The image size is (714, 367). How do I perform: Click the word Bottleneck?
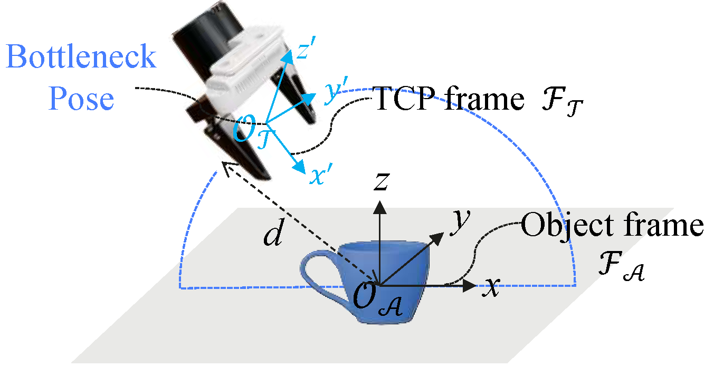tap(81, 56)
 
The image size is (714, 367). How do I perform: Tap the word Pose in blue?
tap(81, 99)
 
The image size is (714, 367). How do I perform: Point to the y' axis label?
tap(335, 90)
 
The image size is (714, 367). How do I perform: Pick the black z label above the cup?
tap(382, 181)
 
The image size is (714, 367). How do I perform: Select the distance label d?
tap(273, 233)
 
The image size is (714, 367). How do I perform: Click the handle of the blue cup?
tap(319, 274)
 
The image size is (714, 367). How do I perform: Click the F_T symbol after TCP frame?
tap(562, 102)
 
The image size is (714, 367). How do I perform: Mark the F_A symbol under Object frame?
tap(622, 266)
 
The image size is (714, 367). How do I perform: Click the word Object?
tap(567, 226)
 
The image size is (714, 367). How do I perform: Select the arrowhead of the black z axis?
tap(379, 207)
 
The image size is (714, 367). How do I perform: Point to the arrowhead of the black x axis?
tap(469, 285)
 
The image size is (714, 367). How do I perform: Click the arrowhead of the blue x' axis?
tap(300, 166)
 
